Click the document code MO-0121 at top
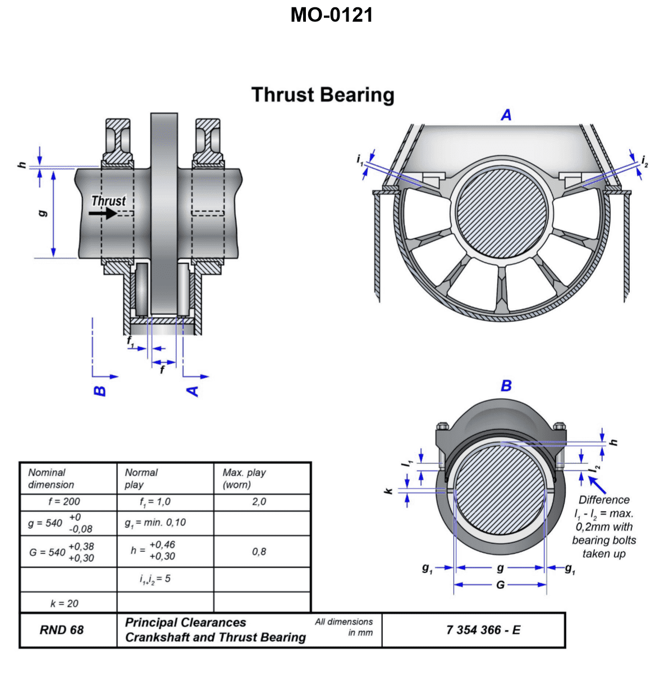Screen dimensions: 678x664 click(x=331, y=15)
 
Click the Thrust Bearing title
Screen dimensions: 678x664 click(x=323, y=95)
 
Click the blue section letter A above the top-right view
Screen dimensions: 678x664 click(x=506, y=116)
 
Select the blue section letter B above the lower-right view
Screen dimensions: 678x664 click(x=506, y=386)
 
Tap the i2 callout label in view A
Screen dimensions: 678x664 click(x=644, y=162)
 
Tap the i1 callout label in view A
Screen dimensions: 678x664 click(x=360, y=160)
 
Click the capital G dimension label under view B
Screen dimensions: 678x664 click(x=500, y=585)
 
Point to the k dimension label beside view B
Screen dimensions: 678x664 click(x=388, y=491)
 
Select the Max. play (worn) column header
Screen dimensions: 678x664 click(x=244, y=478)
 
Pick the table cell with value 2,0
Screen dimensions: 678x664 click(x=259, y=501)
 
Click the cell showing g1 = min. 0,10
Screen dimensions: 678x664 click(x=155, y=523)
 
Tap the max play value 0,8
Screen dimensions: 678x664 click(x=259, y=551)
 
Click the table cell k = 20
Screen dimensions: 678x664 click(x=64, y=603)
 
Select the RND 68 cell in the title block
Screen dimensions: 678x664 click(x=62, y=630)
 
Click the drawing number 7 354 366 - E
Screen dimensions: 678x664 click(x=483, y=630)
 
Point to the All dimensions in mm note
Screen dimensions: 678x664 click(x=344, y=627)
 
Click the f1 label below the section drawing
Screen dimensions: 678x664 click(x=131, y=341)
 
